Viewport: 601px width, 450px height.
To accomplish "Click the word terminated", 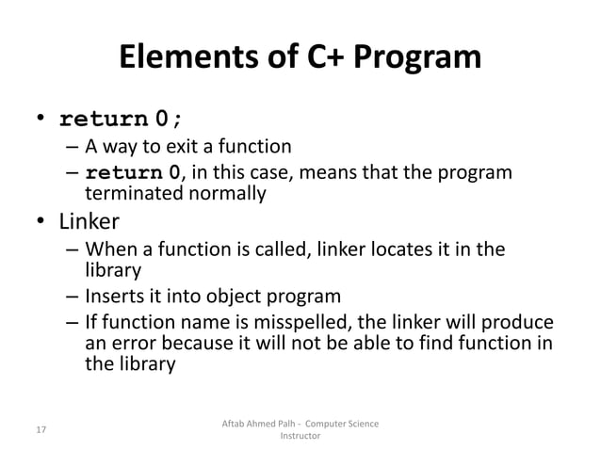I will pos(131,194).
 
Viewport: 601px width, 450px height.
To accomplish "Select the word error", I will pos(133,344).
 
